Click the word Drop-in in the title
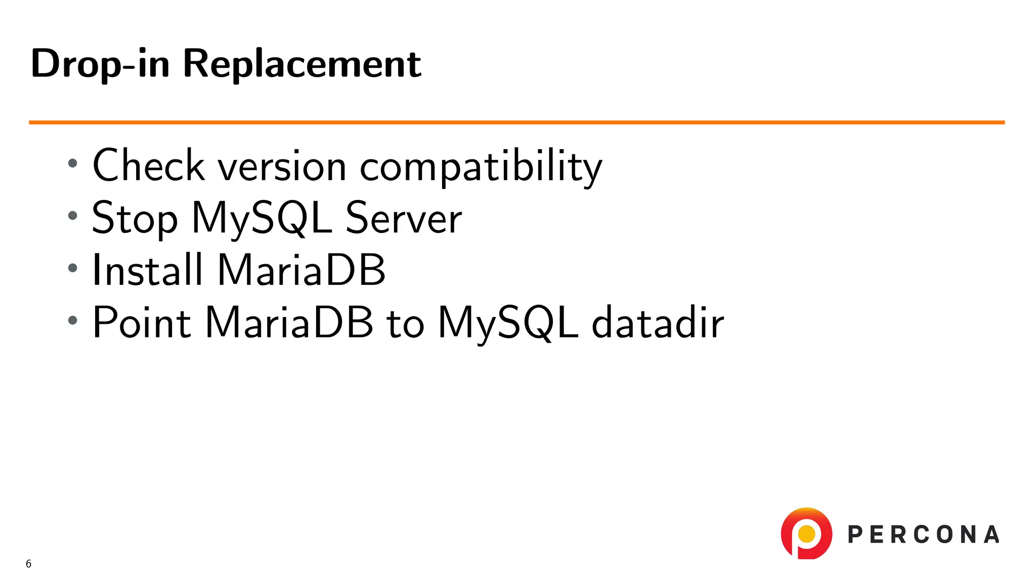(x=100, y=64)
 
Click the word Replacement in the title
(x=301, y=64)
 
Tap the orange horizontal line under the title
(x=516, y=122)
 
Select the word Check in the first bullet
(x=148, y=165)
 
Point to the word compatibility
(x=481, y=167)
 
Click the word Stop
(x=135, y=219)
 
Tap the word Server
(x=403, y=218)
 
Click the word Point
(x=142, y=322)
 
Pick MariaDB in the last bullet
(x=289, y=322)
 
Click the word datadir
(x=657, y=322)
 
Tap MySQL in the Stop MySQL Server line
(x=262, y=219)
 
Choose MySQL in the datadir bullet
(x=507, y=323)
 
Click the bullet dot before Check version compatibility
(x=73, y=163)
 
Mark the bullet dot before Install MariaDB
(x=73, y=268)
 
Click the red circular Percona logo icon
(x=806, y=533)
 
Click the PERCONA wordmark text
(x=923, y=535)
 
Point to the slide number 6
(x=28, y=564)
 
